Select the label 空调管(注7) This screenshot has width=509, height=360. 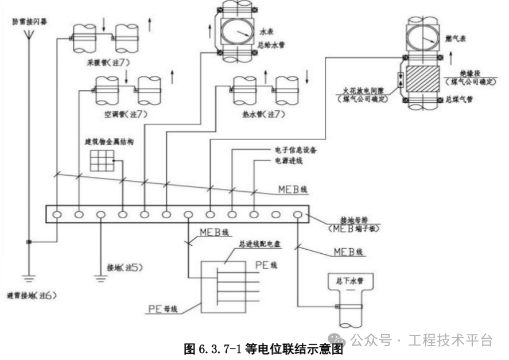[x=126, y=114]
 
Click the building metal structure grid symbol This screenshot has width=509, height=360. [x=102, y=160]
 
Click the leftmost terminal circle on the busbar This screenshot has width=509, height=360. [x=57, y=215]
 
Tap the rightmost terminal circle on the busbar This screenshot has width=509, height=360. [x=298, y=215]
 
